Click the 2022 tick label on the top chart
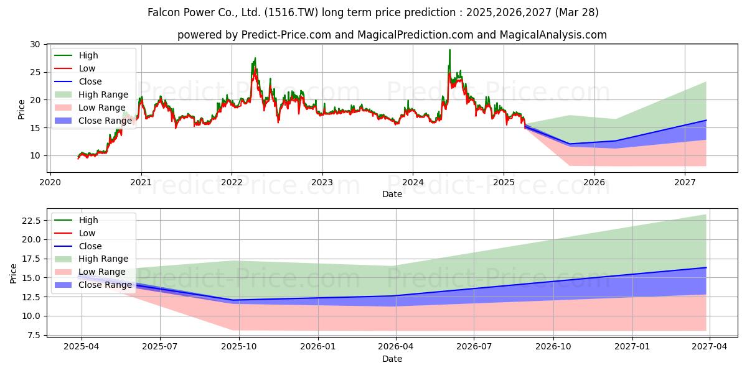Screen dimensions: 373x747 click(x=232, y=183)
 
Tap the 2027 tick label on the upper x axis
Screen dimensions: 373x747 click(x=685, y=183)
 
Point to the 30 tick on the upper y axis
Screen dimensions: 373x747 click(x=35, y=45)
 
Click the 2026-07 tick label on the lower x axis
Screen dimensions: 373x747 click(x=474, y=348)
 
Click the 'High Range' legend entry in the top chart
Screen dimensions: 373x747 click(x=103, y=94)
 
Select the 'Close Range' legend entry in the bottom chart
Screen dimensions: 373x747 click(x=105, y=285)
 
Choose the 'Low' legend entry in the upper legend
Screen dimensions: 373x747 click(x=88, y=68)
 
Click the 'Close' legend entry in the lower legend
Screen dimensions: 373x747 click(x=90, y=246)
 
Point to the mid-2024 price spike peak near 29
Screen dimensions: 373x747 click(x=449, y=50)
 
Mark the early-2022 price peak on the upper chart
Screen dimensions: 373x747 click(x=255, y=58)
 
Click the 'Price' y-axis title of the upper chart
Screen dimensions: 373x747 click(x=22, y=110)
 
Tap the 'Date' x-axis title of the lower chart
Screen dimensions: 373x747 click(x=392, y=359)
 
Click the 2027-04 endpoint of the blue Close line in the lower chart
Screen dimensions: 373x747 click(x=706, y=267)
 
